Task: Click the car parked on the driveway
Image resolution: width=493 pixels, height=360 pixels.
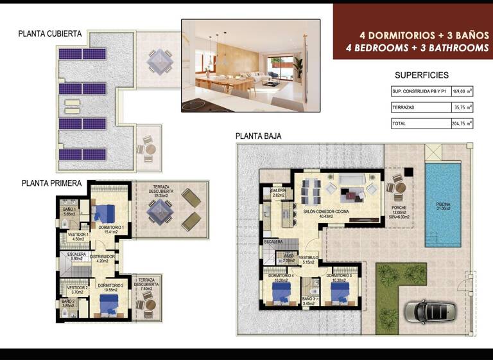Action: (430, 311)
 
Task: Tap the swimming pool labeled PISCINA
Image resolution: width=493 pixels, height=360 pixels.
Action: (444, 204)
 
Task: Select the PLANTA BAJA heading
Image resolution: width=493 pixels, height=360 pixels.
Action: (258, 136)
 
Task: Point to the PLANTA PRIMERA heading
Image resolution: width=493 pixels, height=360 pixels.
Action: (51, 183)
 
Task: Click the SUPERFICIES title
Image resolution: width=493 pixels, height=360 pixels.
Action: (421, 75)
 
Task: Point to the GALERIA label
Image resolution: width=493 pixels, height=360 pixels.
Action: (279, 192)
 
